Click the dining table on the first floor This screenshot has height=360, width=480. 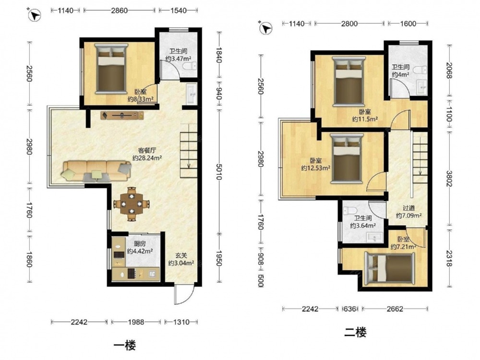coord(132,204)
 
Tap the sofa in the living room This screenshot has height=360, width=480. coord(96,171)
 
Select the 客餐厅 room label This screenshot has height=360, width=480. coord(147,150)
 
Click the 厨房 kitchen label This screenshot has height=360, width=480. coord(140,244)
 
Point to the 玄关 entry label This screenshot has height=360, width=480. coord(181,255)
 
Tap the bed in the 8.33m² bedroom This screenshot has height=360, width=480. coord(111,69)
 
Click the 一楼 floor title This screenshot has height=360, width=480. coord(125,346)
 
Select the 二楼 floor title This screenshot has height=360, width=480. coord(355,332)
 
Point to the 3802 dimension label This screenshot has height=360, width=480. coord(449,179)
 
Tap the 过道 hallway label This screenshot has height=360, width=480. coord(408,208)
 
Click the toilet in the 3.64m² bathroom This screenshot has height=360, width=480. coord(350,211)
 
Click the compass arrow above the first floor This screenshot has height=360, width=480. coord(35,15)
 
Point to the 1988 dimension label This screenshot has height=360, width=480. coord(136,322)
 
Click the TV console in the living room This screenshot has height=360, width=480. coord(122,115)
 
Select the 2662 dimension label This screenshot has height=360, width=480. coord(395,309)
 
